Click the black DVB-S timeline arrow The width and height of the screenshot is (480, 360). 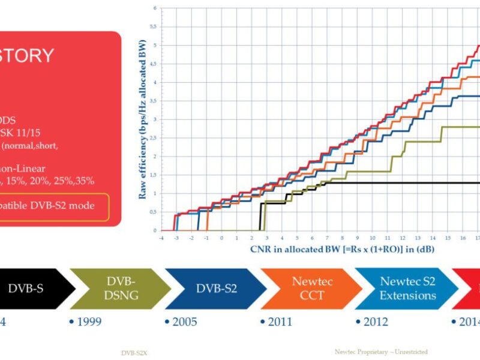click(30, 288)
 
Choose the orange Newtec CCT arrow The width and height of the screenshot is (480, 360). click(308, 288)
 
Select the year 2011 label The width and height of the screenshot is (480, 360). click(279, 322)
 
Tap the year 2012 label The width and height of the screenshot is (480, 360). click(374, 322)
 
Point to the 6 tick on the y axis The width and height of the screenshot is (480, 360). click(154, 8)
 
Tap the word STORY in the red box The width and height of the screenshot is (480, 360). click(26, 56)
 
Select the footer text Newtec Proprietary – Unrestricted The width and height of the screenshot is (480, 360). click(381, 352)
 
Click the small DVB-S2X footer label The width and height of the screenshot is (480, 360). click(134, 353)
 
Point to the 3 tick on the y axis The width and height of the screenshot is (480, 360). click(154, 119)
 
